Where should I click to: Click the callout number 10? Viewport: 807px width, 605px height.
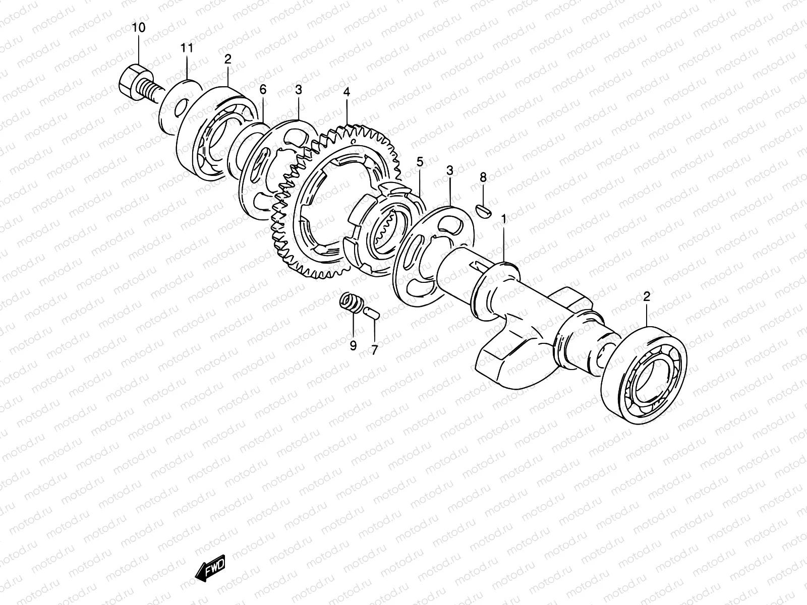point(138,28)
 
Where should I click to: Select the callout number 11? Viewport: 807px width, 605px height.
point(187,48)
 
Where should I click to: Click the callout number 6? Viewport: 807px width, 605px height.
point(263,89)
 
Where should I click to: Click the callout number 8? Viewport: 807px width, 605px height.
point(483,177)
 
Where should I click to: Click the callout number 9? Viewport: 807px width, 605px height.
point(353,346)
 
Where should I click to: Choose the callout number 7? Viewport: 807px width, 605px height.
point(374,350)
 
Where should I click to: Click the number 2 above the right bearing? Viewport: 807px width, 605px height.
point(647,297)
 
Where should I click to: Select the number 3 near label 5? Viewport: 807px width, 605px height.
point(449,171)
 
